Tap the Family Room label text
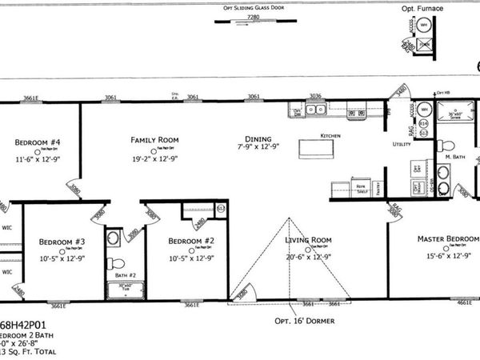pyautogui.click(x=154, y=140)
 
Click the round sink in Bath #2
pyautogui.click(x=114, y=238)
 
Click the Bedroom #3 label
pyautogui.click(x=62, y=241)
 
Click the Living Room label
pyautogui.click(x=309, y=239)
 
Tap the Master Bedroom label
pyautogui.click(x=447, y=238)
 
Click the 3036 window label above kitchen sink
pyautogui.click(x=315, y=96)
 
